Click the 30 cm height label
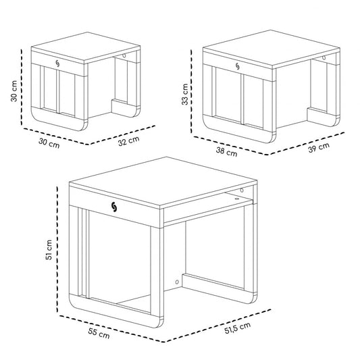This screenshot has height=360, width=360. [x=14, y=91]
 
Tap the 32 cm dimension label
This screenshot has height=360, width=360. [x=129, y=141]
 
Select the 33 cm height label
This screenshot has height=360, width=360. [x=185, y=94]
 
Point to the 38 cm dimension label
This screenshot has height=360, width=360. [x=226, y=152]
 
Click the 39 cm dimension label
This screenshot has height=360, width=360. [x=319, y=147]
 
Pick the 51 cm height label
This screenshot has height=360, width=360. [x=49, y=250]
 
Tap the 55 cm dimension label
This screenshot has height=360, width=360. [x=99, y=334]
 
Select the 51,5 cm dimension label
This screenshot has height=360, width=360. [x=237, y=328]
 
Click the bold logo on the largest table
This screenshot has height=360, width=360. [x=114, y=207]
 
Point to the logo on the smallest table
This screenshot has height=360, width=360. [x=57, y=63]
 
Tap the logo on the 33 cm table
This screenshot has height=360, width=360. [x=237, y=66]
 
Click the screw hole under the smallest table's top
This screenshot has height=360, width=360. [x=124, y=55]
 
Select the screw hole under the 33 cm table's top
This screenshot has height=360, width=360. [x=324, y=58]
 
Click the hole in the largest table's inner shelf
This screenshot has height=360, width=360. [x=236, y=199]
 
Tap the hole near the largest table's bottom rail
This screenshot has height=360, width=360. [x=177, y=282]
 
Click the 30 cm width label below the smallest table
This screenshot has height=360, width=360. [x=49, y=143]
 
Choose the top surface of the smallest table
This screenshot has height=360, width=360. [x=86, y=47]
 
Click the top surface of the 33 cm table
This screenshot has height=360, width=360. [x=272, y=49]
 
